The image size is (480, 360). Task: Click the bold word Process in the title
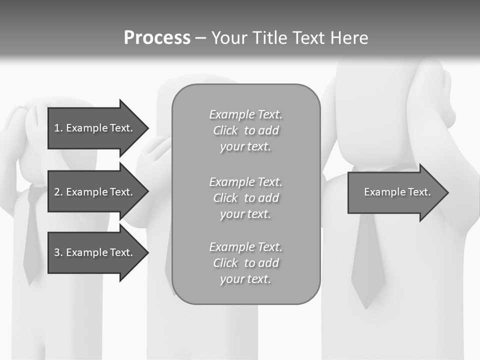pyautogui.click(x=157, y=38)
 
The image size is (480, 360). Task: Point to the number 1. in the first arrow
pyautogui.click(x=58, y=128)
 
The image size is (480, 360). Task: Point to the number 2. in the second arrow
pyautogui.click(x=58, y=192)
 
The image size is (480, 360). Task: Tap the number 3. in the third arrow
pyautogui.click(x=58, y=252)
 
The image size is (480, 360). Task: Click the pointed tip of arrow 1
pyautogui.click(x=145, y=128)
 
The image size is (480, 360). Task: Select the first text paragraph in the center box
pyautogui.click(x=245, y=130)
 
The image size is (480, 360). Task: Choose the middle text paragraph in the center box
pyautogui.click(x=245, y=198)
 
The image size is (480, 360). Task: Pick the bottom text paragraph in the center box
pyautogui.click(x=245, y=263)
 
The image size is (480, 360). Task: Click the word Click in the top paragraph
pyautogui.click(x=225, y=130)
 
